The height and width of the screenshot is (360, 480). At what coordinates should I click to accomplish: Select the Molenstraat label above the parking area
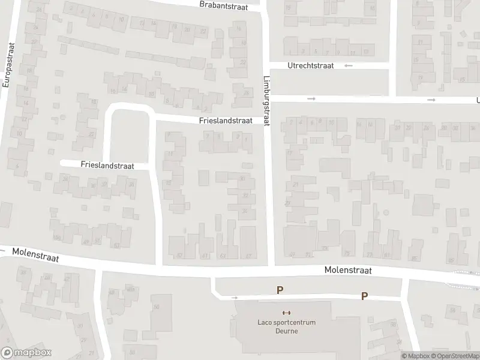pyautogui.click(x=348, y=271)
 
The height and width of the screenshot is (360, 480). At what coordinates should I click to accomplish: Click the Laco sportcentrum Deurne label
pyautogui.click(x=286, y=326)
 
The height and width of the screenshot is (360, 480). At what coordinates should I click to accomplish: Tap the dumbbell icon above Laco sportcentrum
pyautogui.click(x=286, y=313)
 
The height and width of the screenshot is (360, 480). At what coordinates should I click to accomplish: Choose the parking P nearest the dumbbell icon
pyautogui.click(x=280, y=290)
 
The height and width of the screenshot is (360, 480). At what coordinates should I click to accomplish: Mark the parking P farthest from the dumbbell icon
pyautogui.click(x=364, y=296)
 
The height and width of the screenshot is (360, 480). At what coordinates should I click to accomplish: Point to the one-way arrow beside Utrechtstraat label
pyautogui.click(x=349, y=65)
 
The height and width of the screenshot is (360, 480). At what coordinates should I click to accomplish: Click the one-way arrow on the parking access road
pyautogui.click(x=235, y=297)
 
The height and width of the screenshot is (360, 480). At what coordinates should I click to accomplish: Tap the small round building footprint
pyautogui.click(x=386, y=212)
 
